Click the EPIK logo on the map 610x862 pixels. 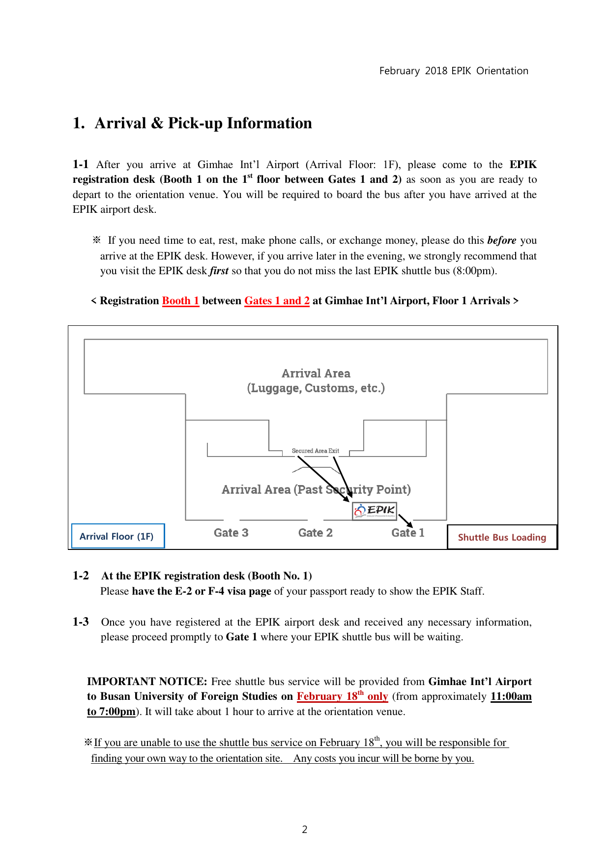click(375, 511)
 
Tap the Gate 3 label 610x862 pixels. click(231, 533)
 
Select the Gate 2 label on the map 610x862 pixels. click(316, 533)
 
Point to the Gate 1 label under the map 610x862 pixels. click(407, 533)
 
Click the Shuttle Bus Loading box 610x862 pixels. click(502, 537)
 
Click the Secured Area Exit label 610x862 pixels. click(315, 451)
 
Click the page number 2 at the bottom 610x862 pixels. click(305, 830)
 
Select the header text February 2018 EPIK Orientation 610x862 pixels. click(454, 71)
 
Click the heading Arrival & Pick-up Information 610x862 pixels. click(203, 123)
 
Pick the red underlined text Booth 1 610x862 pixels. click(180, 301)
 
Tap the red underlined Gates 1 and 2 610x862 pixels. click(277, 301)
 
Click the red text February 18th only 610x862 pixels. click(342, 696)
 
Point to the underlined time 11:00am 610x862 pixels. click(511, 696)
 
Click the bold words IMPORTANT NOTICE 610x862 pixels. click(147, 682)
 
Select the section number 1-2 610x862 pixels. click(81, 575)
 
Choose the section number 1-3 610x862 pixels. click(81, 622)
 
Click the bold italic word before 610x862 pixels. click(501, 240)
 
